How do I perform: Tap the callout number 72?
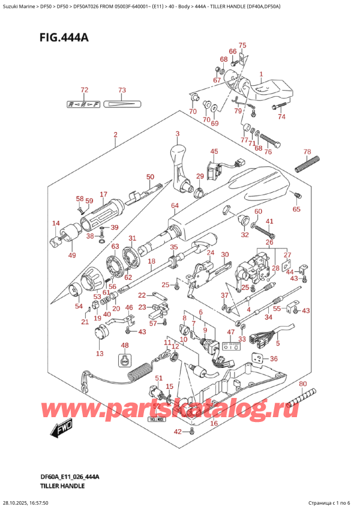click(x=84, y=91)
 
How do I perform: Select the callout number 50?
click(x=150, y=177)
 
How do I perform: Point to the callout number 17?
click(x=103, y=194)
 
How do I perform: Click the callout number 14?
click(x=56, y=224)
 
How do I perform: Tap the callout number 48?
click(x=125, y=345)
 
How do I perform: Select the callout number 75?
click(x=242, y=46)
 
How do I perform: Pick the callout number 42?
click(x=177, y=432)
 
